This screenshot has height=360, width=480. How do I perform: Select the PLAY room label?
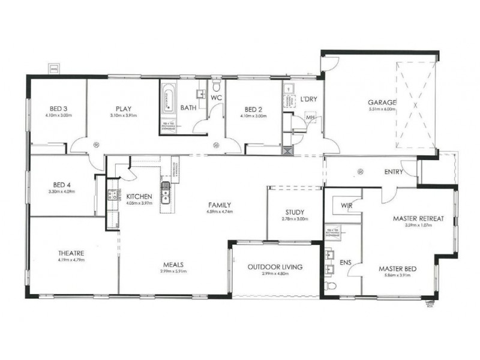(x=124, y=109)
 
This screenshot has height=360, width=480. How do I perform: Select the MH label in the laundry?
(x=310, y=119)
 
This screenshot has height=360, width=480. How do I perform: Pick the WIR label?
(x=347, y=205)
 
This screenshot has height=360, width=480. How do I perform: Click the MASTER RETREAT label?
(x=418, y=219)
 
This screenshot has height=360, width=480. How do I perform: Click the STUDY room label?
(x=295, y=212)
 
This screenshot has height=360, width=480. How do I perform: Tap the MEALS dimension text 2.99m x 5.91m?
(x=173, y=271)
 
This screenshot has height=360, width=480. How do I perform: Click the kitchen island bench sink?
(x=165, y=192)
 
